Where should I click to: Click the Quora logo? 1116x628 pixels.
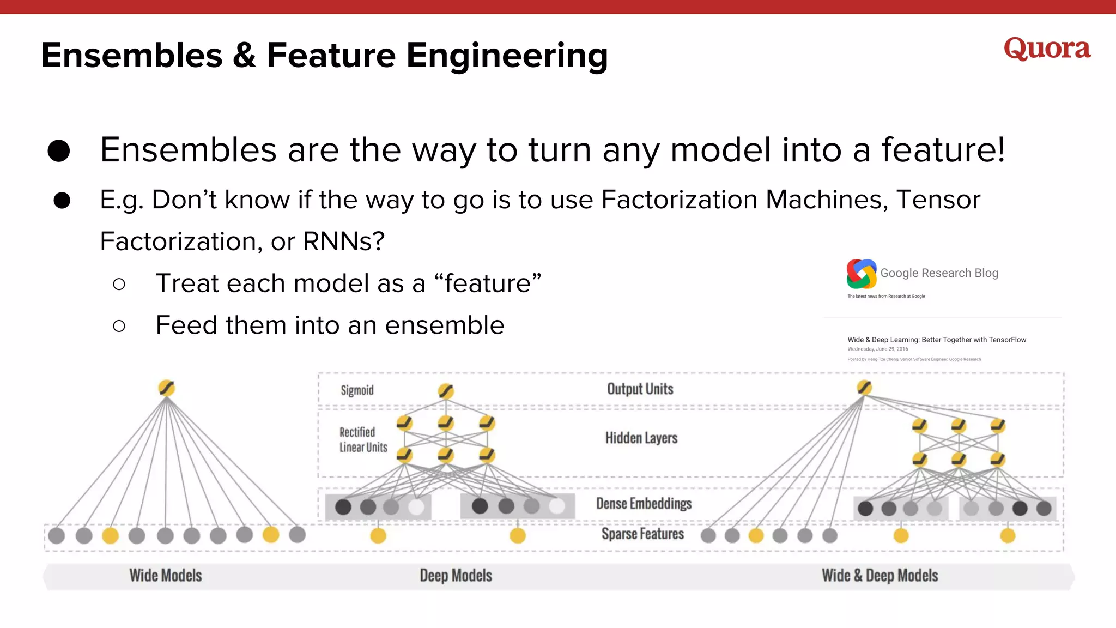(x=1047, y=49)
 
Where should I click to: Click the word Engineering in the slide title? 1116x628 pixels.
(x=507, y=56)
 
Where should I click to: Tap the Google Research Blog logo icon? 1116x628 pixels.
(x=861, y=274)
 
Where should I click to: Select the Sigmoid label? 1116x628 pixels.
(x=357, y=390)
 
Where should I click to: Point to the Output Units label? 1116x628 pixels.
(x=640, y=389)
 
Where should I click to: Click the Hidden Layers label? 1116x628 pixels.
(x=641, y=438)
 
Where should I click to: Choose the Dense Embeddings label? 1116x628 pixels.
(x=644, y=504)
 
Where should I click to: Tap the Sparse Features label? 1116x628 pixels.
(x=642, y=534)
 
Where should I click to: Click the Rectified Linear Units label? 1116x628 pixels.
(x=363, y=440)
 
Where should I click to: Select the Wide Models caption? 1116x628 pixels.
(x=165, y=576)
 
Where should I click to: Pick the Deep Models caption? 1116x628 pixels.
(x=456, y=576)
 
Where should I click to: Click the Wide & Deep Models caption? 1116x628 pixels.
(x=880, y=576)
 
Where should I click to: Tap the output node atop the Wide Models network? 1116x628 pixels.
(x=167, y=388)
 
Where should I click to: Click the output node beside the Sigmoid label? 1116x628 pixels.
(x=446, y=391)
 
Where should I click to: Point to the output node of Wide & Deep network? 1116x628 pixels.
(x=864, y=388)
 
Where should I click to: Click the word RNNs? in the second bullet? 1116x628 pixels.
(x=344, y=241)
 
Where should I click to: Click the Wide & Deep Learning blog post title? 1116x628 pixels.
(x=936, y=340)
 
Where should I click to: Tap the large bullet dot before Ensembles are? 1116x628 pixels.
(x=59, y=151)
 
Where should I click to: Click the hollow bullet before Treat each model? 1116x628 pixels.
(x=119, y=284)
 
